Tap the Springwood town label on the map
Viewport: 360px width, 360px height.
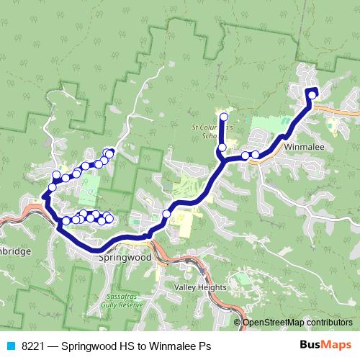[x=124, y=256]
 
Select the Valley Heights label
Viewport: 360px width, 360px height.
[x=200, y=287]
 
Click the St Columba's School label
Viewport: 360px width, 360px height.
[x=207, y=130]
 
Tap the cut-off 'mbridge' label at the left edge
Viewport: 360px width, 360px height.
[x=15, y=252]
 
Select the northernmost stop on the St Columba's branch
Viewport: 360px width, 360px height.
[x=223, y=117]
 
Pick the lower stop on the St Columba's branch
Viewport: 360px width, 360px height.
[x=222, y=148]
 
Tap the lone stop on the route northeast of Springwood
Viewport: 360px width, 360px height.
[x=167, y=213]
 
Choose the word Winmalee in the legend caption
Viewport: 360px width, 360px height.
[x=173, y=346]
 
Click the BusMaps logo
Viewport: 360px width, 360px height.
[x=326, y=344]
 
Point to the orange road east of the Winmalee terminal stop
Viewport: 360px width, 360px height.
[x=338, y=109]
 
